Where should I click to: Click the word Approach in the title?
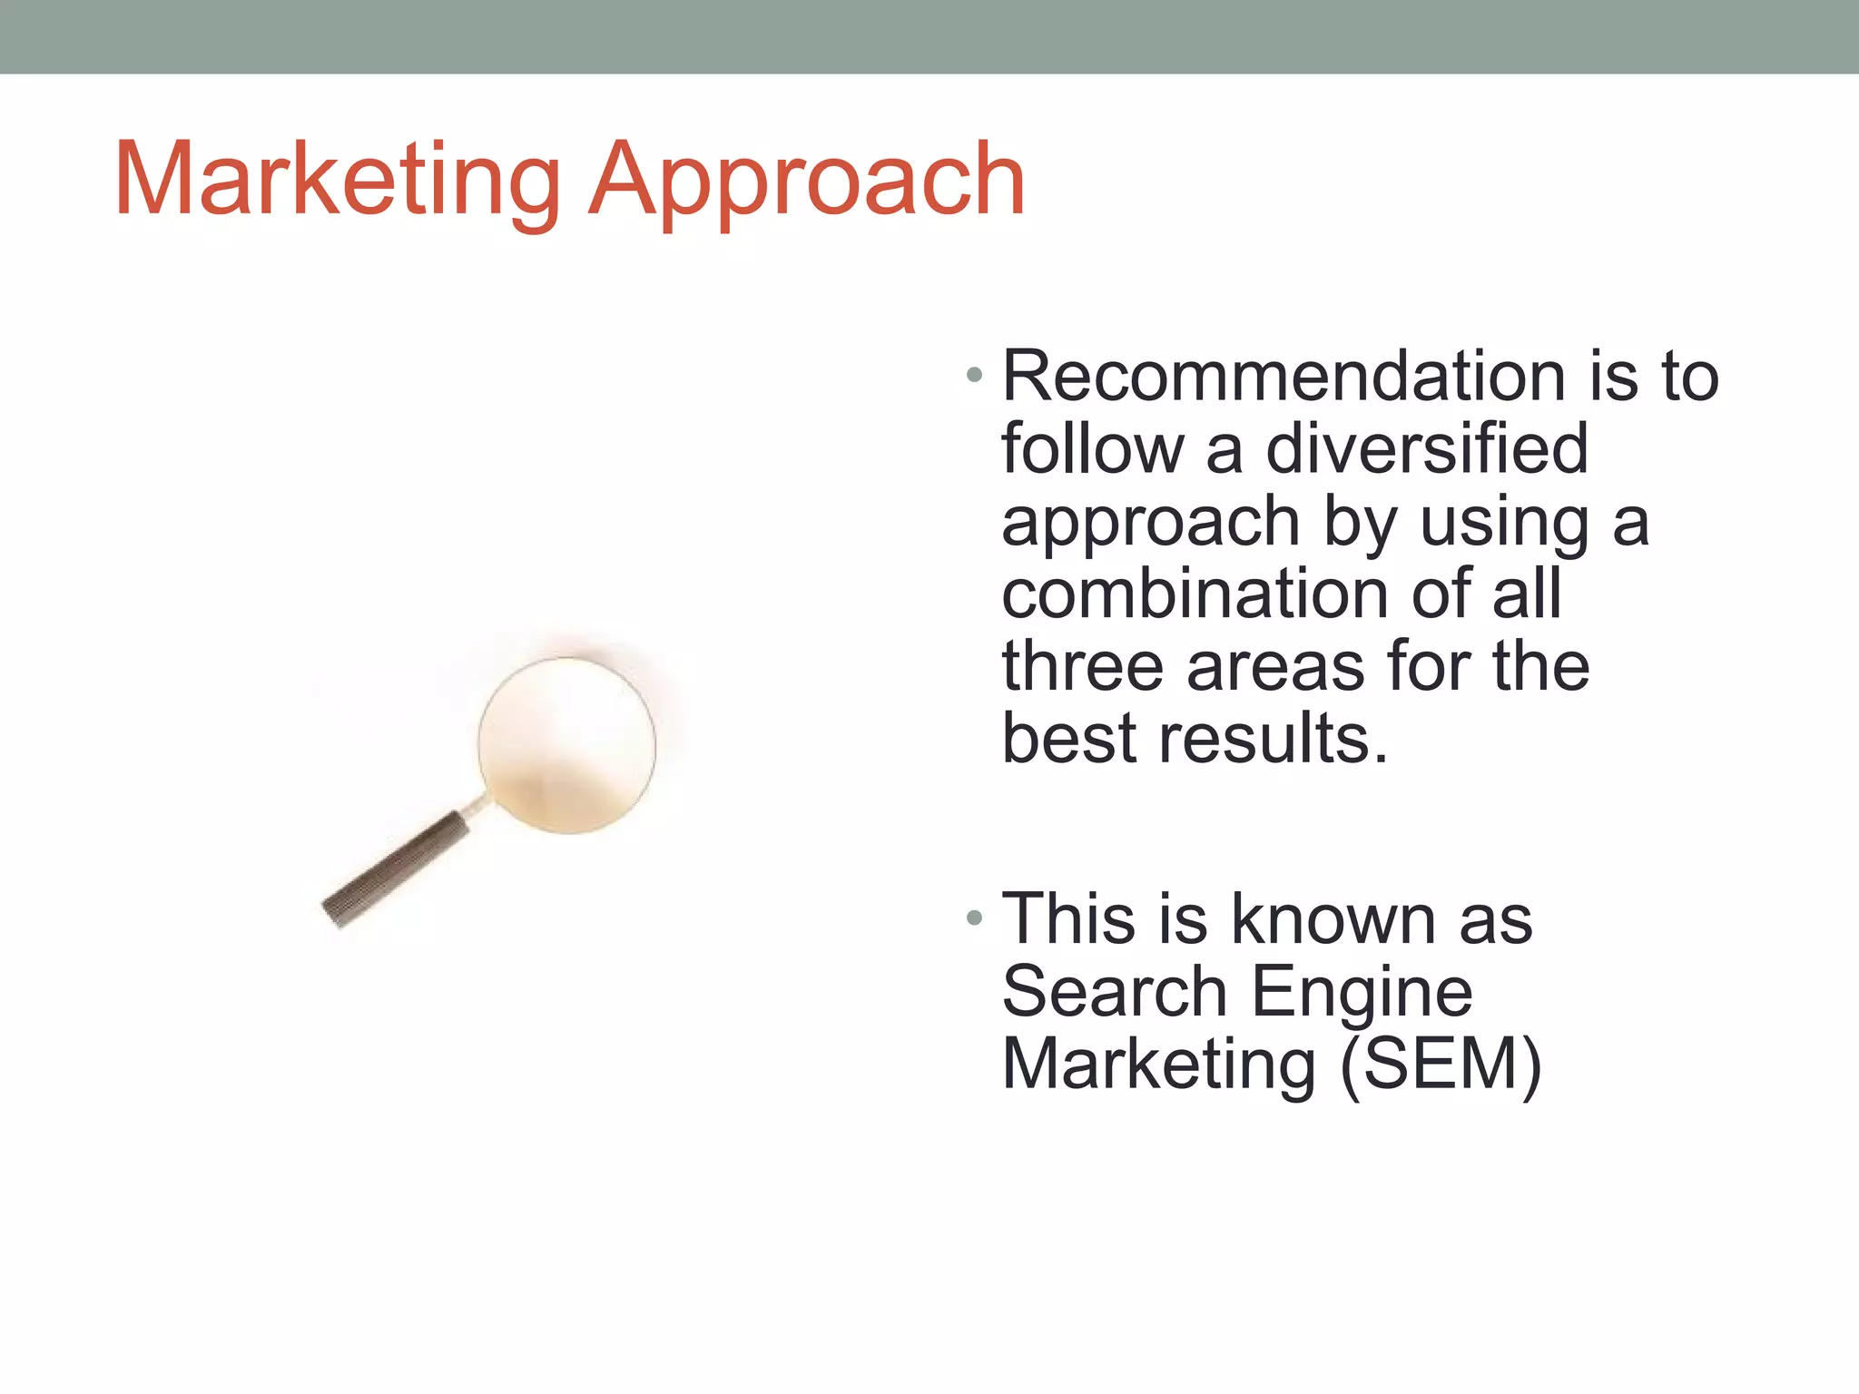point(807,182)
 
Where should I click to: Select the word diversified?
point(1426,449)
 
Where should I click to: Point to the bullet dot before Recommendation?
point(975,375)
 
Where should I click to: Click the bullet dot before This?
point(975,918)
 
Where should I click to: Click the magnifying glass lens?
point(567,744)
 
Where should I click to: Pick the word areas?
point(1276,667)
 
